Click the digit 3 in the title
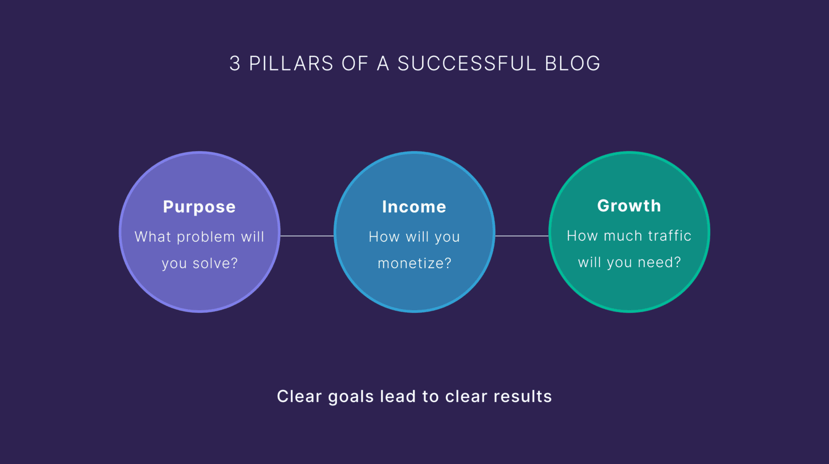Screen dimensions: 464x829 tap(235, 64)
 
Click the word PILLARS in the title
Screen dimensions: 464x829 tap(291, 64)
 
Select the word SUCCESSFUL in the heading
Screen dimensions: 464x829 tap(467, 64)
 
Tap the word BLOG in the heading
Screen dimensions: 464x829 tap(573, 64)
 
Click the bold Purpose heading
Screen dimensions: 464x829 tap(199, 207)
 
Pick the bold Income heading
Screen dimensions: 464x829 tap(414, 207)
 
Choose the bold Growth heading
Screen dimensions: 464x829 tap(629, 206)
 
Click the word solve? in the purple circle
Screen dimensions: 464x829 tap(215, 264)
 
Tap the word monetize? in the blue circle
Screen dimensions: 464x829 tap(414, 264)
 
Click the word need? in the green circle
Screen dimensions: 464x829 tap(659, 263)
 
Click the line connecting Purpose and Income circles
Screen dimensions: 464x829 tap(307, 236)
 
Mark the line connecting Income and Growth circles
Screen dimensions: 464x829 tap(522, 236)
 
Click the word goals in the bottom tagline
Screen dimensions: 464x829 tap(351, 397)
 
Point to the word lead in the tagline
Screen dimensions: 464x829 tap(397, 397)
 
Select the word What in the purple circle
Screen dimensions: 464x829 tap(153, 237)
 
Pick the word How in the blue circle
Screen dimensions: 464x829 tap(384, 237)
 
